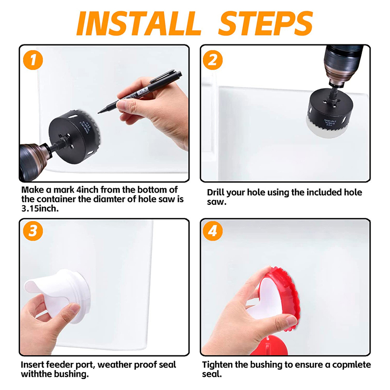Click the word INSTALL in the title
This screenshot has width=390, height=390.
[x=139, y=23]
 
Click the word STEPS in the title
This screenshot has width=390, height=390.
[x=265, y=23]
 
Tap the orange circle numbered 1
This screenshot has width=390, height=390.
[x=33, y=60]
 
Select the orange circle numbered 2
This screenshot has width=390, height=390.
[x=213, y=60]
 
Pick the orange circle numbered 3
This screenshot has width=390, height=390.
[x=33, y=231]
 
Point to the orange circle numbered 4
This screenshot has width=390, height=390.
[x=213, y=231]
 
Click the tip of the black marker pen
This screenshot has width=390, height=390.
[x=98, y=113]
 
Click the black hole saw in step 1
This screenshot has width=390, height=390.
[x=74, y=136]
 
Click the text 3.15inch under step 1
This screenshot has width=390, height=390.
[x=40, y=209]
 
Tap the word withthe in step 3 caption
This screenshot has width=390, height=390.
[x=37, y=374]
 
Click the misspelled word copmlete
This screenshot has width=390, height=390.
[x=351, y=365]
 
